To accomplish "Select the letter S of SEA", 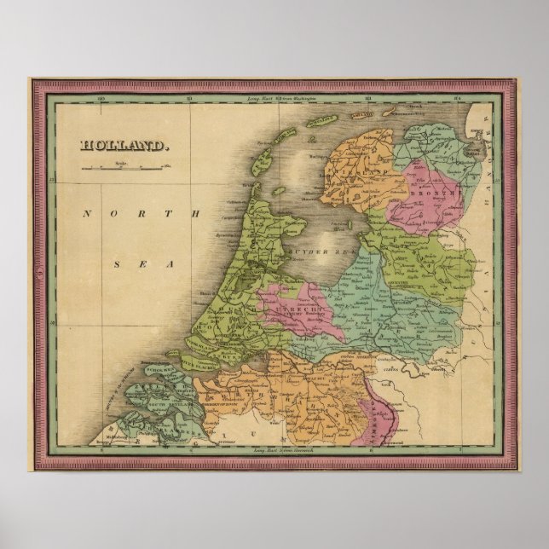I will click(117, 265).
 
